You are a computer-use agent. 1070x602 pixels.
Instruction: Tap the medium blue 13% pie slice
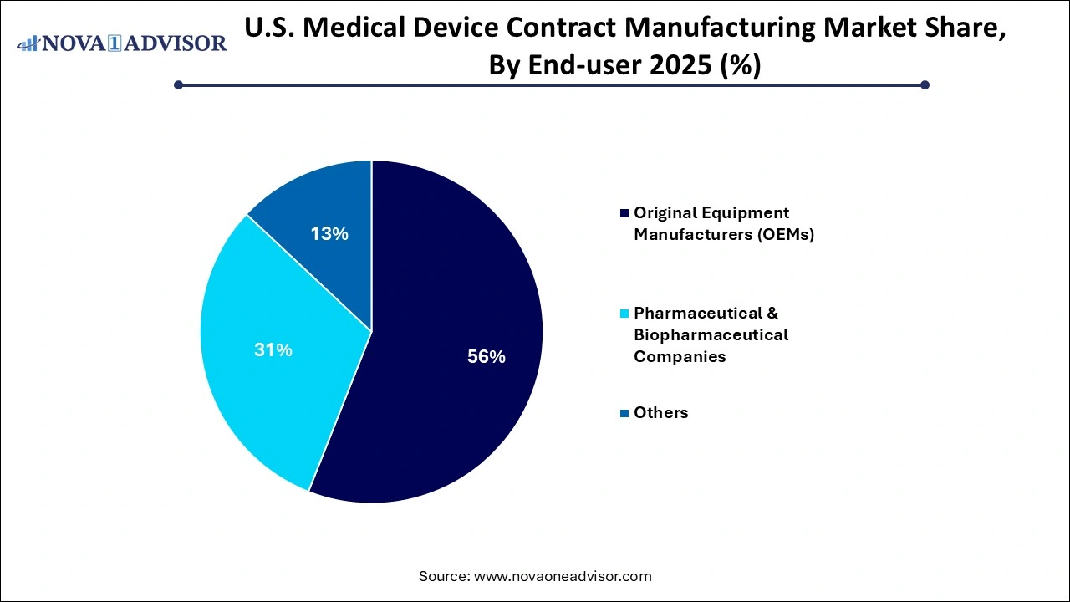tap(326, 217)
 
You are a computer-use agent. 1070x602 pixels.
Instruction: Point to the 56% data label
tap(487, 357)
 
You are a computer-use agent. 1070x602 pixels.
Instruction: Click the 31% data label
tap(273, 350)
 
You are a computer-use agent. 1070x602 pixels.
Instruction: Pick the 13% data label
tap(329, 234)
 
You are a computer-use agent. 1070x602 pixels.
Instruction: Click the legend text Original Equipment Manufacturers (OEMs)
tap(723, 223)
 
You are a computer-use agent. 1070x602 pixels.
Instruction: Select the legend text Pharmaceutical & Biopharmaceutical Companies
tap(711, 334)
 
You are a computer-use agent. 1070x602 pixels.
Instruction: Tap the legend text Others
tap(660, 412)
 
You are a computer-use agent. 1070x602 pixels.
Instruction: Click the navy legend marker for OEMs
tap(624, 213)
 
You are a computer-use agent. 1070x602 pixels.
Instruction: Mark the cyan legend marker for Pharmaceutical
tap(624, 314)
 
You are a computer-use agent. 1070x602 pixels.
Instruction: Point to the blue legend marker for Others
tap(624, 413)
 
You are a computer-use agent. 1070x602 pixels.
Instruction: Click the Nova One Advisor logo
tap(122, 43)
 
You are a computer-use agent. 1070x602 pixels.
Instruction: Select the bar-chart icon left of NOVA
tap(28, 42)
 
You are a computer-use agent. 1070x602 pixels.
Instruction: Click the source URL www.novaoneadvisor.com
tap(563, 576)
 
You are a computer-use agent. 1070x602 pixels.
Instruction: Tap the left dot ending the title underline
tap(178, 84)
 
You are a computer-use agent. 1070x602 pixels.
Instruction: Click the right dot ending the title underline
tap(925, 84)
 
